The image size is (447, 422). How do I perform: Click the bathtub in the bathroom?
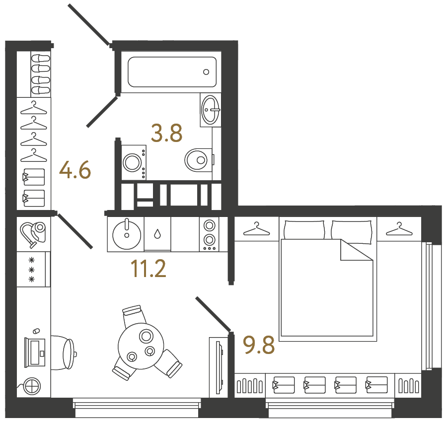pyautogui.click(x=172, y=72)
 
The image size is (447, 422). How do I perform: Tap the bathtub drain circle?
pyautogui.click(x=206, y=72)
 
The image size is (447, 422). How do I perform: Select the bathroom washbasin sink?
pyautogui.click(x=211, y=109)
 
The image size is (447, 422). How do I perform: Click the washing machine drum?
pyautogui.click(x=132, y=163)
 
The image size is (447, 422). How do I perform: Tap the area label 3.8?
pyautogui.click(x=166, y=133)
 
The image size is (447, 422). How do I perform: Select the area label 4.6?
pyautogui.click(x=75, y=170)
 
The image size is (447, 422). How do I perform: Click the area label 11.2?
pyautogui.click(x=148, y=269)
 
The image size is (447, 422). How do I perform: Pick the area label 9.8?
pyautogui.click(x=259, y=345)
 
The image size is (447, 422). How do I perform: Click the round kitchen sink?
pyautogui.click(x=127, y=235)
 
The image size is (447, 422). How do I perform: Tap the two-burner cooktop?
pyautogui.click(x=209, y=234)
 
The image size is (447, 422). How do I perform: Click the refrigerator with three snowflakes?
pyautogui.click(x=33, y=269)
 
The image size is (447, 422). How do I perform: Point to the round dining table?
pyautogui.click(x=141, y=346)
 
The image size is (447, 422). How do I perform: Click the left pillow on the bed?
pyautogui.click(x=304, y=229)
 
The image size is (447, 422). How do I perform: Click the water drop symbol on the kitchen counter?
pyautogui.click(x=157, y=234)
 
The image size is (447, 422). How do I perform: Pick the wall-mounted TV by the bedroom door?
pyautogui.click(x=219, y=367)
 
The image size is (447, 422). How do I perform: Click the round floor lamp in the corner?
pyautogui.click(x=32, y=387)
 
